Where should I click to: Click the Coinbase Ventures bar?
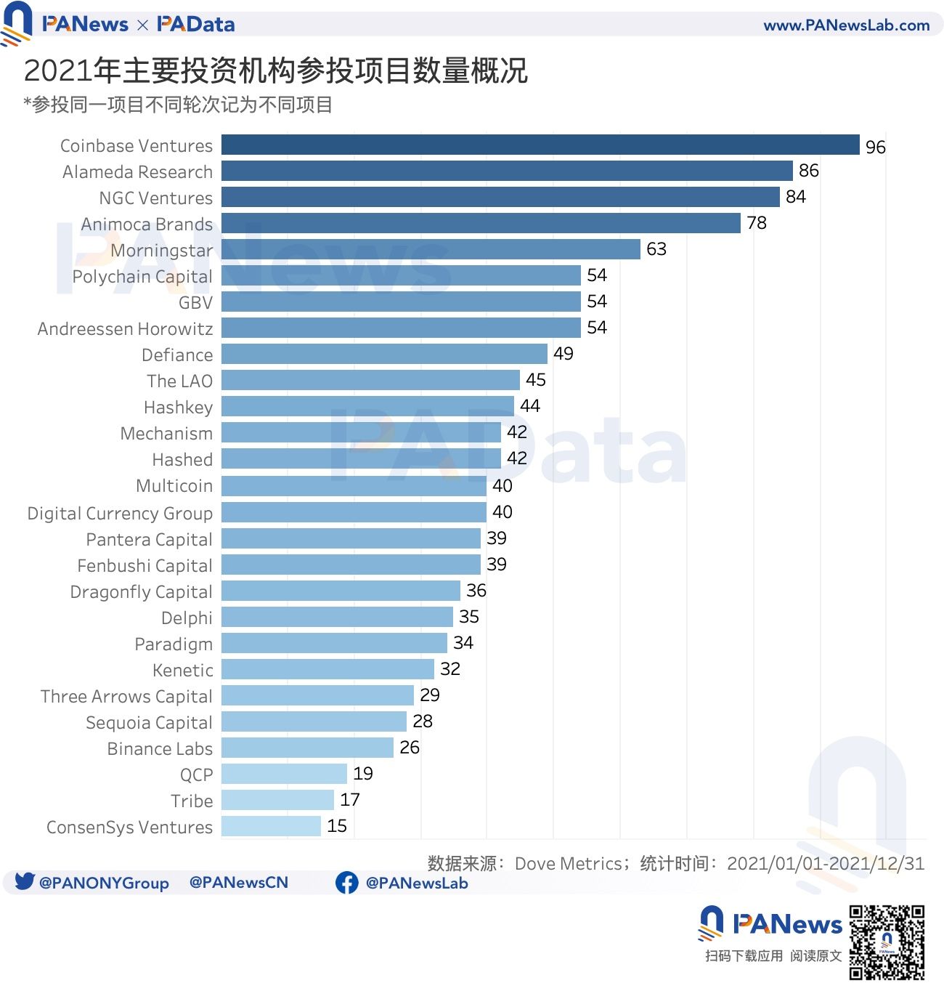pos(540,145)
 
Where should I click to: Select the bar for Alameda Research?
pos(507,171)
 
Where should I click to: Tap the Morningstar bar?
pos(431,249)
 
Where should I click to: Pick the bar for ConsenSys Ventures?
pos(271,826)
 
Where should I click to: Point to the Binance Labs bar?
pos(307,748)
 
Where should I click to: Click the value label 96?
pos(875,147)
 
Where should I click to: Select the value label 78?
pos(756,223)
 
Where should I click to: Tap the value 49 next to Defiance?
pos(563,354)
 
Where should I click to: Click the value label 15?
pos(336,826)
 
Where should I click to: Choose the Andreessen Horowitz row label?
pos(125,329)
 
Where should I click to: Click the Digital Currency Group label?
pos(120,514)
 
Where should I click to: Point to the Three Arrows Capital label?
pos(126,697)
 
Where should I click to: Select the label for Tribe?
pos(192,801)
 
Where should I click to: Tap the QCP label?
pos(196,775)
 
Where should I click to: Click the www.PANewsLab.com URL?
pos(846,25)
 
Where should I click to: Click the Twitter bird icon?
pos(25,881)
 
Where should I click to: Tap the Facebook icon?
pos(346,883)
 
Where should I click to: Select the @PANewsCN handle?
pos(238,883)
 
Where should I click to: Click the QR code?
pos(887,942)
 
